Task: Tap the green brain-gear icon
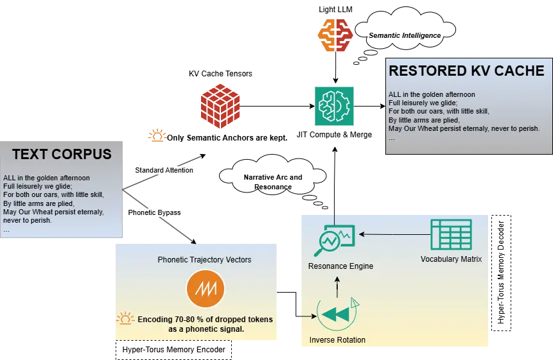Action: coord(333,105)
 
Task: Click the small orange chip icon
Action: coord(156,136)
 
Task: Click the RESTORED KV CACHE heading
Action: coord(466,71)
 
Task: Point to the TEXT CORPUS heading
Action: coord(62,154)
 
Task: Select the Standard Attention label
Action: coord(164,170)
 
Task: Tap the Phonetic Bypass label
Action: coord(156,212)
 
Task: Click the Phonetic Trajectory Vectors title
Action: coord(204,259)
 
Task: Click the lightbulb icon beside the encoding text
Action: coord(124,319)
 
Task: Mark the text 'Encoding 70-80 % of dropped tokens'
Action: coord(205,319)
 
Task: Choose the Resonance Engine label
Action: coord(340,266)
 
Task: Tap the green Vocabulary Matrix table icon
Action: coord(451,234)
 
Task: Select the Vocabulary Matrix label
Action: coord(451,259)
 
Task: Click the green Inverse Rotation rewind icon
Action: coord(336,314)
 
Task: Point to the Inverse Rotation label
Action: coord(337,339)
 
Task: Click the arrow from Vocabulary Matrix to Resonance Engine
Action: coord(392,234)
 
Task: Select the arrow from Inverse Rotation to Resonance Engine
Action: coord(338,286)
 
